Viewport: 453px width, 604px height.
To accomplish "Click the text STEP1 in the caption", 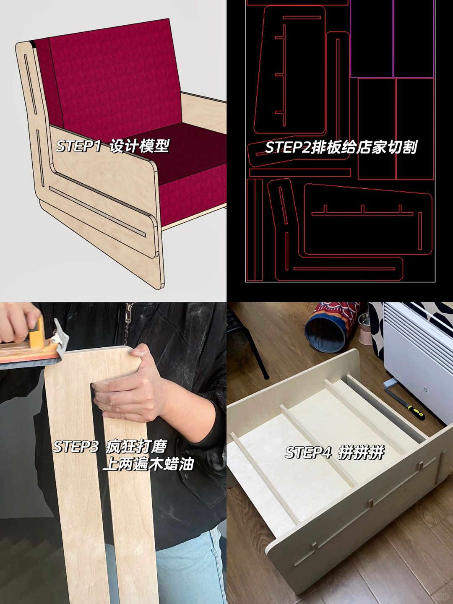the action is coord(78,146).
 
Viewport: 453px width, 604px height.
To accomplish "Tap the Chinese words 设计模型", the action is coord(139,146).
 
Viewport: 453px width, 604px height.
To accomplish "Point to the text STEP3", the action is coord(75,446).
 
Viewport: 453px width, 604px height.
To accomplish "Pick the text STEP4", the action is coord(308,453).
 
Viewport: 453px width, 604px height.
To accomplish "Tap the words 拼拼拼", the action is coord(361,453).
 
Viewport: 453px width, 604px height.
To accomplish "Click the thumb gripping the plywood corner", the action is coord(138,352).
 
